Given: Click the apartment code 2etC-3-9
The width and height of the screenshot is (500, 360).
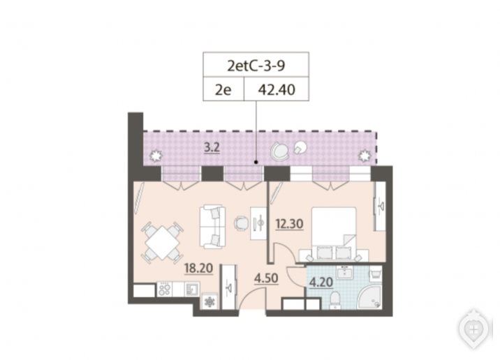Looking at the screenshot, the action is (256, 66).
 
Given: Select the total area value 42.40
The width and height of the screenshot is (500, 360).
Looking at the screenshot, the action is (277, 90).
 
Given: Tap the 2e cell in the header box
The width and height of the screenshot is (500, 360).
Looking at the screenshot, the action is (223, 90).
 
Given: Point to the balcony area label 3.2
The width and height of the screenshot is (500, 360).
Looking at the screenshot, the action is (212, 148).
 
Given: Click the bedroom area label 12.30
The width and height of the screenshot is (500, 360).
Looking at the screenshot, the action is (289, 224).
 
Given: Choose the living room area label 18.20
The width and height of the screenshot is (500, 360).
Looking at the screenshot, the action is (198, 268).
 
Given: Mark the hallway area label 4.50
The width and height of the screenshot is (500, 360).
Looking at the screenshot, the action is (266, 278).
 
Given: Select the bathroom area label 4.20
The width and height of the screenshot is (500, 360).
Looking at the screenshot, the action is (321, 283).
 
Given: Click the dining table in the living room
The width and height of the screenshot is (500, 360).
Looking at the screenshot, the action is (162, 243).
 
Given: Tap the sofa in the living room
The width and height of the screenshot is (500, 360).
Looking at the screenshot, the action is (212, 227).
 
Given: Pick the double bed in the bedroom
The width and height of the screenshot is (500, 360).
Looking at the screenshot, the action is (334, 235).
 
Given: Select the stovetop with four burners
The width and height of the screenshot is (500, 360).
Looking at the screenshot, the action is (165, 290).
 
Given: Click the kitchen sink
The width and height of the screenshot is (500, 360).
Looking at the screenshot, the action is (192, 290).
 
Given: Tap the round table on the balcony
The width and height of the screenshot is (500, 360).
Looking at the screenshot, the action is (300, 147).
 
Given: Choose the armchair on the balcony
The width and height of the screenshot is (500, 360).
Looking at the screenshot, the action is (280, 151).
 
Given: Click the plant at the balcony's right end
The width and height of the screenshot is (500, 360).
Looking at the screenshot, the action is (364, 156).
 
